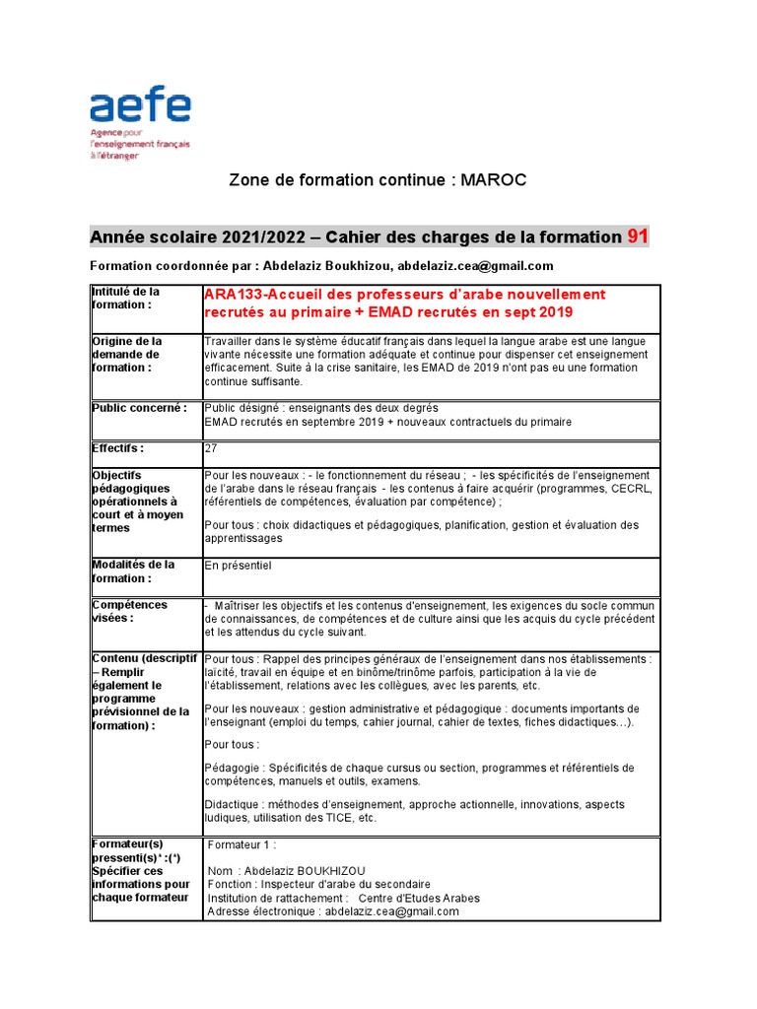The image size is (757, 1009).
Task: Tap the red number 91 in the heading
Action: click(x=638, y=236)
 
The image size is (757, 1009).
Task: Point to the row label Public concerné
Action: click(x=138, y=407)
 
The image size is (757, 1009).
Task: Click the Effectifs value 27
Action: click(x=211, y=447)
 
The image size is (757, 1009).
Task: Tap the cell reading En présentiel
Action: click(x=238, y=566)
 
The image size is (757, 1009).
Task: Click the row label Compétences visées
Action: click(x=129, y=611)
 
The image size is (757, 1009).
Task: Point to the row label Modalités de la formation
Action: click(x=133, y=572)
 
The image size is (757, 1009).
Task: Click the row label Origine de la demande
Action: click(x=127, y=355)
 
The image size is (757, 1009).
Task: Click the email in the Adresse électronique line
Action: click(x=392, y=912)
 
